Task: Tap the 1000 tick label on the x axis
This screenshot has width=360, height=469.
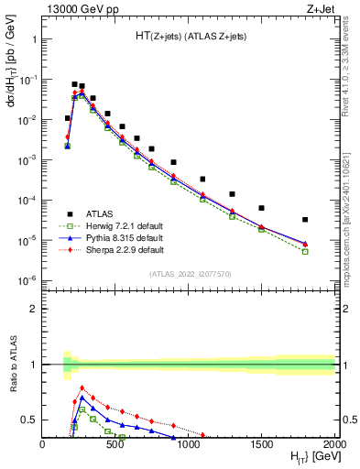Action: tap(189, 444)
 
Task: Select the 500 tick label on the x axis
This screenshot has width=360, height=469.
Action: tap(115, 444)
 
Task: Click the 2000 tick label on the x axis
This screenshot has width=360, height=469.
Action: tap(333, 444)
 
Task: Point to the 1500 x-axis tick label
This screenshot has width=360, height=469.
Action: tap(262, 444)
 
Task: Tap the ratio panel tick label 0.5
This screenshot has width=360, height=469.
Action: tap(30, 420)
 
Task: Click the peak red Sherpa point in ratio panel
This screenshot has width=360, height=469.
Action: tap(82, 388)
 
